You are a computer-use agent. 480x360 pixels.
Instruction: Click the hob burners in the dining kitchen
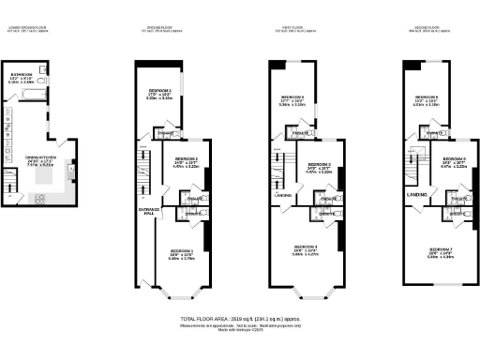click(39, 199)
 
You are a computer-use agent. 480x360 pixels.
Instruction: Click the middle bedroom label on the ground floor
click(185, 160)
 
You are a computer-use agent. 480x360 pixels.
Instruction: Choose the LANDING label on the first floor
click(282, 195)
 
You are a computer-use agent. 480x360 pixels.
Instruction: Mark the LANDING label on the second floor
click(417, 194)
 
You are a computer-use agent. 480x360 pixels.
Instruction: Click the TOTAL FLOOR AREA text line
click(239, 320)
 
